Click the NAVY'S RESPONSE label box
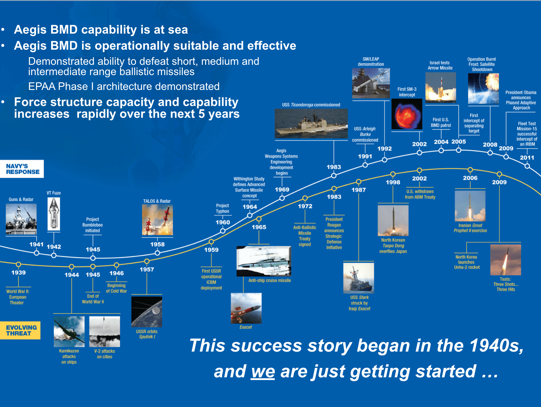tap(22, 169)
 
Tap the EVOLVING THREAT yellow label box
tap(20, 330)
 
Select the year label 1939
tap(18, 273)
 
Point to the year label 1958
tap(157, 244)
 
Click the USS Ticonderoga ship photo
tap(311, 124)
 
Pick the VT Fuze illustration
tap(54, 214)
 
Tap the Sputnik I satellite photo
tap(147, 312)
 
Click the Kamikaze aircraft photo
tap(69, 332)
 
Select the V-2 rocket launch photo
tap(105, 332)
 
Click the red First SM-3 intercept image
tap(407, 114)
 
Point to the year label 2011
tap(527, 157)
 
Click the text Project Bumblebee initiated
tap(93, 225)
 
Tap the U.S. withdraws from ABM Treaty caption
tap(420, 194)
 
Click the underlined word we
tap(263, 372)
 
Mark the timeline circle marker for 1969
tap(282, 198)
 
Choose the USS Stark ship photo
tap(359, 278)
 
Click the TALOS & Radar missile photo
tap(158, 220)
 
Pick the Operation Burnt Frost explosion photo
tap(483, 89)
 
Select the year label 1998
tap(393, 182)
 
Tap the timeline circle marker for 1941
tap(37, 253)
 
